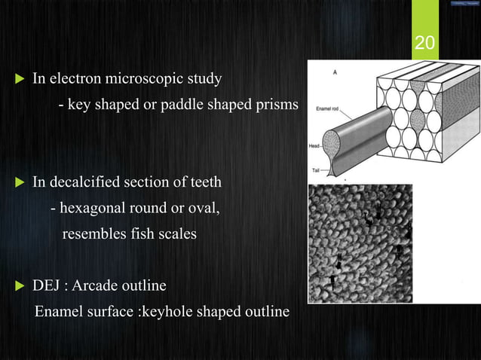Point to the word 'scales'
tap(176, 234)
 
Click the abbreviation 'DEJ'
tap(46, 286)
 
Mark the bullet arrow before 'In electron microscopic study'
tap(20, 78)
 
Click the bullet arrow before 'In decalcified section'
tap(20, 182)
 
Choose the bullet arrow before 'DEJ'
tap(20, 286)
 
